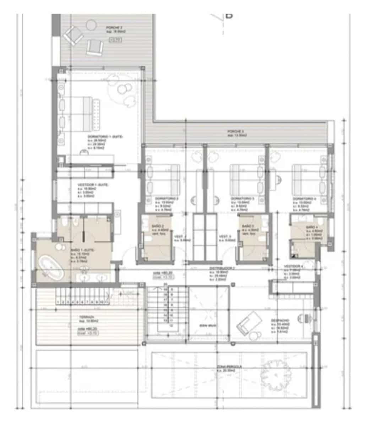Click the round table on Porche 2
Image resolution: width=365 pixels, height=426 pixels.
click(92, 24)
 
